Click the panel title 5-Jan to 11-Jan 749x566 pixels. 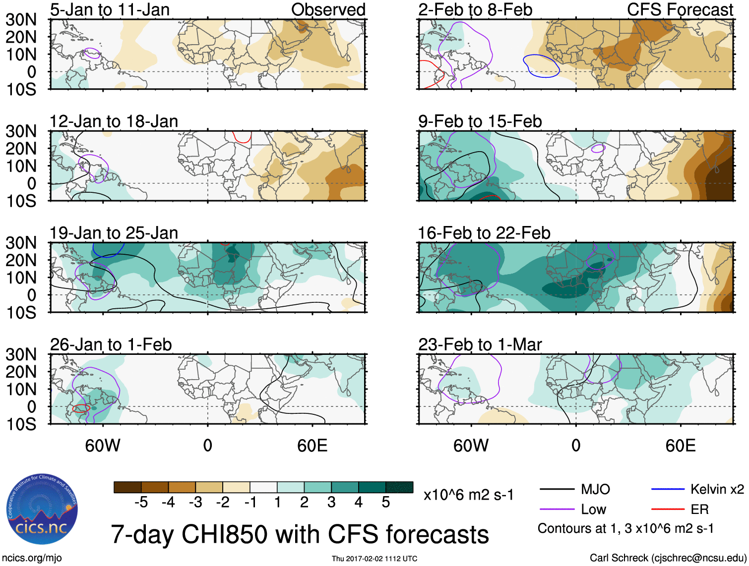(x=110, y=9)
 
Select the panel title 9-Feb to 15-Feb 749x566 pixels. (x=480, y=121)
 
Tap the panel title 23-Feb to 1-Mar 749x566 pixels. (x=480, y=344)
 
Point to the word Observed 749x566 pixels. (x=328, y=9)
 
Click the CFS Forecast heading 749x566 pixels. (x=680, y=9)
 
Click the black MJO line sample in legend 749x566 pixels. (x=557, y=490)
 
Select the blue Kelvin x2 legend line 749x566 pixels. (x=668, y=490)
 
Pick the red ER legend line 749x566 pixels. (x=668, y=509)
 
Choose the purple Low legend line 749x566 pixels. (x=557, y=509)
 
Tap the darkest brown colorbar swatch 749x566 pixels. (x=127, y=487)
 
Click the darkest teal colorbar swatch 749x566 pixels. (x=399, y=487)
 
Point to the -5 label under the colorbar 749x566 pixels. (x=141, y=503)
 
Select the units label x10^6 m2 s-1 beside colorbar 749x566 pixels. (x=468, y=495)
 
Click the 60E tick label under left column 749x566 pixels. (x=312, y=446)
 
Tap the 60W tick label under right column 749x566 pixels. (x=471, y=446)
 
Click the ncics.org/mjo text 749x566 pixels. (x=32, y=558)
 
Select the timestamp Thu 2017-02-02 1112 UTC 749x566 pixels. (x=374, y=559)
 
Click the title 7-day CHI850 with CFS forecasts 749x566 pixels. (x=300, y=534)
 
